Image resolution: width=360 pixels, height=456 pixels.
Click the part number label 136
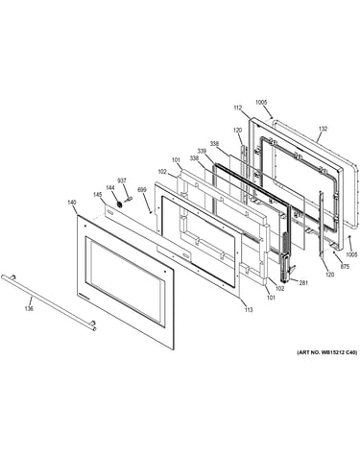29,309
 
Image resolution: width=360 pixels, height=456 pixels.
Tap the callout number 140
72,202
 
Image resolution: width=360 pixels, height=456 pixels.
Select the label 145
98,195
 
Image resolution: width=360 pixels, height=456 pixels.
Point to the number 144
110,187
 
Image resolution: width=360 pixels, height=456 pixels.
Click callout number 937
122,180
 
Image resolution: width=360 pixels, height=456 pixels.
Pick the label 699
142,190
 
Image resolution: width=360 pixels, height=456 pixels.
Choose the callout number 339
202,151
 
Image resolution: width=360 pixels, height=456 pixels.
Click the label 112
238,108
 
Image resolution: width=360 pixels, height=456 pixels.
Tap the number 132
323,129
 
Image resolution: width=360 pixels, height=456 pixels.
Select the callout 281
303,282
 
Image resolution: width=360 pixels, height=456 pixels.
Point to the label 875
345,267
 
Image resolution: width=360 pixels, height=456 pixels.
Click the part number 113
249,309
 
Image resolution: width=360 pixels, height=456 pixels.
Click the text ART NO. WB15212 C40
327,352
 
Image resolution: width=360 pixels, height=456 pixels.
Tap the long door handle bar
49,302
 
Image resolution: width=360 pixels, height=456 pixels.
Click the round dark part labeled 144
119,204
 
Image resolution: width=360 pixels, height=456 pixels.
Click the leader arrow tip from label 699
150,211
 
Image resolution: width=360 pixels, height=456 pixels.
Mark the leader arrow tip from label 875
334,252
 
